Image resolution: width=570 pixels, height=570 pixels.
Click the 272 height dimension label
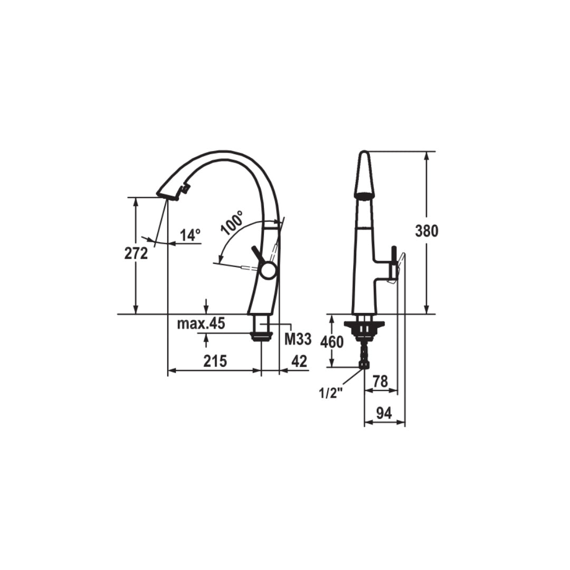pyautogui.click(x=136, y=254)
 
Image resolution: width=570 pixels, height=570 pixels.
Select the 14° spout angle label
pyautogui.click(x=190, y=235)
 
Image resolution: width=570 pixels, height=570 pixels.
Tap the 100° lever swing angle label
pyautogui.click(x=232, y=223)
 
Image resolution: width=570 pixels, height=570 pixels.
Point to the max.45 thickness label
pyautogui.click(x=201, y=324)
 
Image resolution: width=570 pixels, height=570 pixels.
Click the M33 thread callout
pyautogui.click(x=298, y=339)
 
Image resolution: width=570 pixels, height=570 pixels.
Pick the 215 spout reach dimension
pyautogui.click(x=215, y=361)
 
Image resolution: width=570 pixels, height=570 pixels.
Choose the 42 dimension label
pyautogui.click(x=299, y=361)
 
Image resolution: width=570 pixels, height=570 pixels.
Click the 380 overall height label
pyautogui.click(x=426, y=231)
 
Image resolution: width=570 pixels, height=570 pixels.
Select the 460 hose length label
pyautogui.click(x=331, y=342)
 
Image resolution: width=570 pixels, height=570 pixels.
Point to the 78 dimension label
pyautogui.click(x=380, y=381)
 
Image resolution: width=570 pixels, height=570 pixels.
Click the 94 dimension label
pyautogui.click(x=384, y=414)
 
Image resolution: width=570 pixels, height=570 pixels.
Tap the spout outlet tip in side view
pyautogui.click(x=168, y=196)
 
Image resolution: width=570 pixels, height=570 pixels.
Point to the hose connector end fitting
pyautogui.click(x=364, y=364)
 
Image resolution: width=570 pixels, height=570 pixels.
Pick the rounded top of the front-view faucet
pyautogui.click(x=364, y=154)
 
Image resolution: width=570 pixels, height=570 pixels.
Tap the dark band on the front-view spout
pyautogui.click(x=364, y=196)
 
